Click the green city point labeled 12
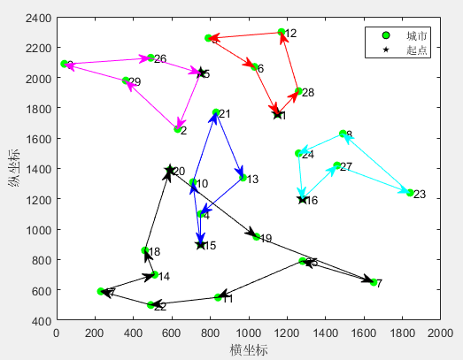point(282,33)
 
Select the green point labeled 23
point(410,193)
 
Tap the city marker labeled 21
point(216,113)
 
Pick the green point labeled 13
point(243,179)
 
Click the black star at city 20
point(170,170)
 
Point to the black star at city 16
point(303,199)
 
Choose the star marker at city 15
point(200,244)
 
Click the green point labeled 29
point(126,81)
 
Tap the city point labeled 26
point(150,58)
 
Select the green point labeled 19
point(257,237)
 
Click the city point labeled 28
point(299,91)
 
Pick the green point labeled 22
point(150,305)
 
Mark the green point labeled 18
point(145,251)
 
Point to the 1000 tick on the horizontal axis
point(249,332)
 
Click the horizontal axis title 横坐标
point(249,349)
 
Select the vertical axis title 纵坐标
point(13,169)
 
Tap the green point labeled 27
point(337,166)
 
